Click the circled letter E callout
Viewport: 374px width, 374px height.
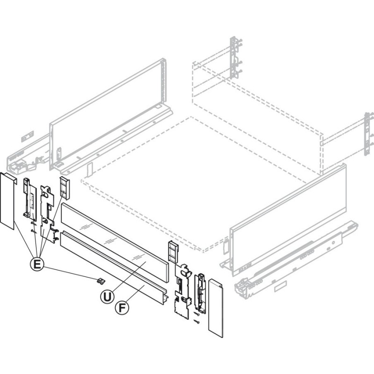point(37,264)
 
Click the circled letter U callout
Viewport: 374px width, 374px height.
point(107,297)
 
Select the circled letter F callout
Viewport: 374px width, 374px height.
point(122,308)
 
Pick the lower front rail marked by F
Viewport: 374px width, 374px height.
point(114,267)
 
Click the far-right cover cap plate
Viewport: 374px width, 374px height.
point(216,308)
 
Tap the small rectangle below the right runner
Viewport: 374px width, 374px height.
point(280,287)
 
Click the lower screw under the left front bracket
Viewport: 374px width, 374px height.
point(33,231)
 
